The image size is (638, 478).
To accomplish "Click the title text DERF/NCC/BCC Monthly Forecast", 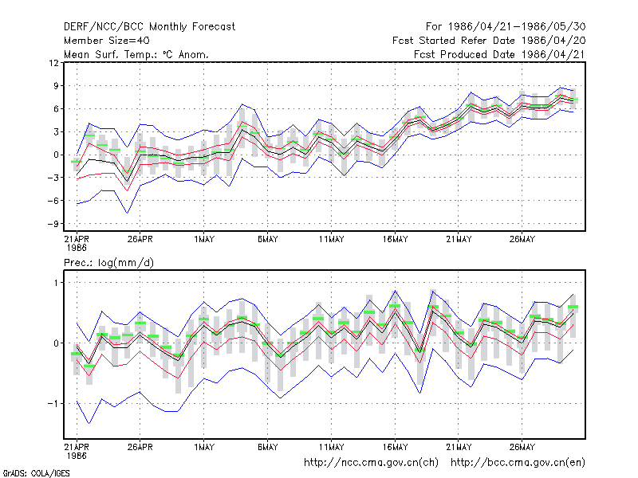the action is [x=149, y=27].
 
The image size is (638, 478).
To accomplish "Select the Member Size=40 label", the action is [x=107, y=41].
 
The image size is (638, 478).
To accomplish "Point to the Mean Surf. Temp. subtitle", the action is [x=136, y=54].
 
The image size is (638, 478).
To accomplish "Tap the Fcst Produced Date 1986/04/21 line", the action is [x=499, y=54].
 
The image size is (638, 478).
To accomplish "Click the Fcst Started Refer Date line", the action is [x=489, y=41].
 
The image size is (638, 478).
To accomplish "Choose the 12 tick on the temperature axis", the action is [x=53, y=63].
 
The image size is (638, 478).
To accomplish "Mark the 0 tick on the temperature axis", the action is [x=56, y=155].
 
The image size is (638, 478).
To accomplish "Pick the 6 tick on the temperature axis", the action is [x=56, y=109].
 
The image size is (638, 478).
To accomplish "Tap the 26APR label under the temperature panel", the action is [x=140, y=240].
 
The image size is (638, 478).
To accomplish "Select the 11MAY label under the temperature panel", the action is [x=331, y=240].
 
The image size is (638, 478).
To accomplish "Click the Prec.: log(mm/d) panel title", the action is [x=108, y=263].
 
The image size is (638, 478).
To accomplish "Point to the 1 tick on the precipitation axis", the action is [x=56, y=283].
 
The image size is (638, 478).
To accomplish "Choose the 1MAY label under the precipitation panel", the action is [x=204, y=447].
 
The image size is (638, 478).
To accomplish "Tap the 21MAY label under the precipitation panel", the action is [x=459, y=447].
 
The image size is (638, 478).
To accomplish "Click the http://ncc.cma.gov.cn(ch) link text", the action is [x=371, y=463].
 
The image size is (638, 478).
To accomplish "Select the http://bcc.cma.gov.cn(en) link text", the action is [x=518, y=463].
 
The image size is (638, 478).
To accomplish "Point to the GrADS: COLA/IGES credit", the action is [x=36, y=473].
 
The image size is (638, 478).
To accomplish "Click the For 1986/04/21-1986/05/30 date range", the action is [x=506, y=27].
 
